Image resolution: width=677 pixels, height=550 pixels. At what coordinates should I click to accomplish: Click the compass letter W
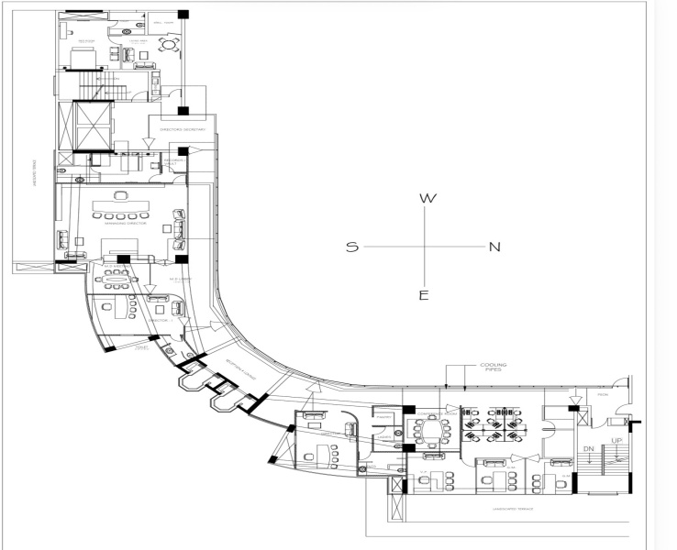[426, 198]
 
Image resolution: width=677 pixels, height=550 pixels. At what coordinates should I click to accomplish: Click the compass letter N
[494, 247]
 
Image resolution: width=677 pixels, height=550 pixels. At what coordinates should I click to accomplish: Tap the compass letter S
[352, 247]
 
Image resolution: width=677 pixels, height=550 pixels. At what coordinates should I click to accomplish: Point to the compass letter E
[424, 294]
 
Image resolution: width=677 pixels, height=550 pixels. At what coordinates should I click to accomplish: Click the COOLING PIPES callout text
[493, 368]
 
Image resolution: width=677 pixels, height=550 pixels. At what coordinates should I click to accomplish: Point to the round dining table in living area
[168, 43]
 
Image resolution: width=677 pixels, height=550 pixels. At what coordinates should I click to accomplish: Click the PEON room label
[602, 396]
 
